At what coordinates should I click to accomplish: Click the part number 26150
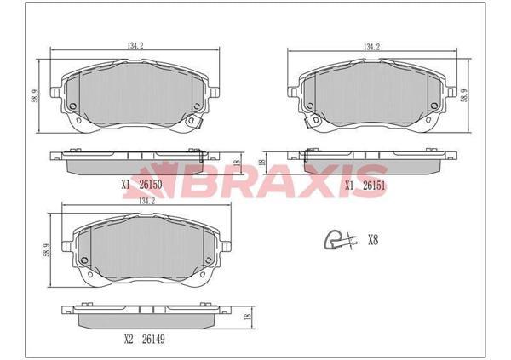pyautogui.click(x=151, y=185)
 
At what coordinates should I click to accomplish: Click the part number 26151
pyautogui.click(x=374, y=186)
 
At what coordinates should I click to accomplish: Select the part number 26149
pyautogui.click(x=153, y=340)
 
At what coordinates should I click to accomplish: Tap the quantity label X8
pyautogui.click(x=373, y=241)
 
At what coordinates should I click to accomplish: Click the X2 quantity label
pyautogui.click(x=129, y=340)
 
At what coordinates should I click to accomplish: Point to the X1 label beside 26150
pyautogui.click(x=126, y=185)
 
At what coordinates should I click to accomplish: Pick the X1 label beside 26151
pyautogui.click(x=349, y=186)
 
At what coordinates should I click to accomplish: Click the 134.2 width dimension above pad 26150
pyautogui.click(x=135, y=46)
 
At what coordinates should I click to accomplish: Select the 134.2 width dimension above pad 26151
pyautogui.click(x=372, y=47)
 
